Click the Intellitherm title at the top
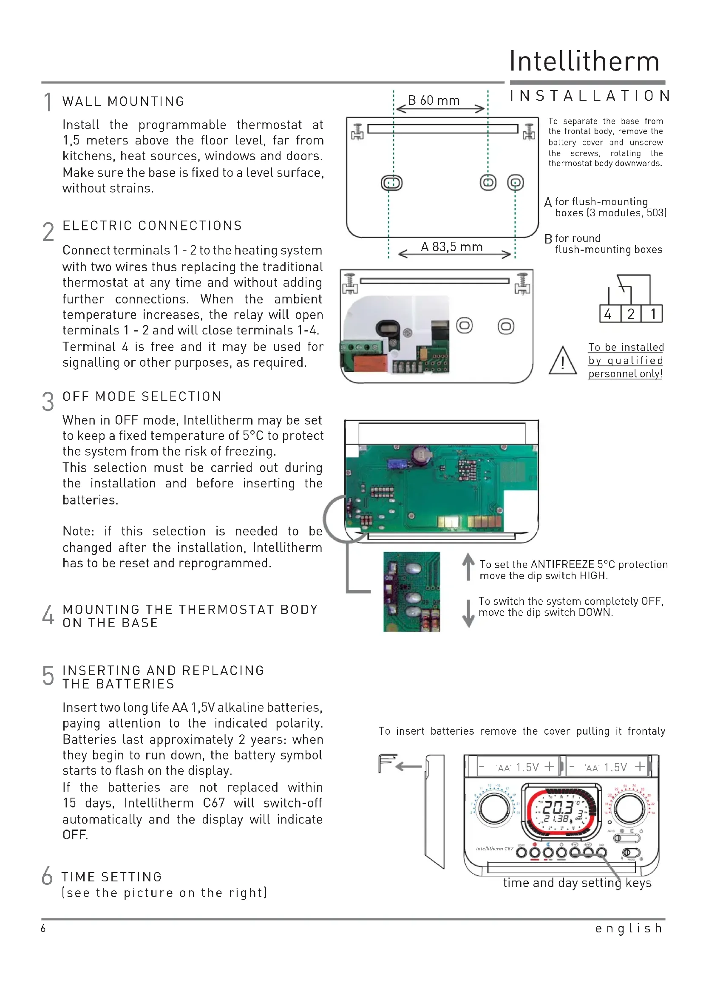pos(584,62)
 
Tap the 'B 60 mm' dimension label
pos(434,100)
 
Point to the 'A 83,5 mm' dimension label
pos(451,247)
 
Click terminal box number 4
pos(608,314)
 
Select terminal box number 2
pos(631,314)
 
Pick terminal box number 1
pos(653,314)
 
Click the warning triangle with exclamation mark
pos(562,362)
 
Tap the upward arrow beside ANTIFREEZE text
pos(468,566)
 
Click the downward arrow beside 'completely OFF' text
pos(468,613)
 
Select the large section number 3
pos(48,402)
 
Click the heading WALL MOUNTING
pos(123,101)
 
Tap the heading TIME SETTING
pos(112,877)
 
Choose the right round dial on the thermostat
pos(630,809)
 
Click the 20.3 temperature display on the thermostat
pos(558,808)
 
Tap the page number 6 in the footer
pos(43,928)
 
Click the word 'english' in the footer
pos(629,928)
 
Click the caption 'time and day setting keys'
pos(577,883)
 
